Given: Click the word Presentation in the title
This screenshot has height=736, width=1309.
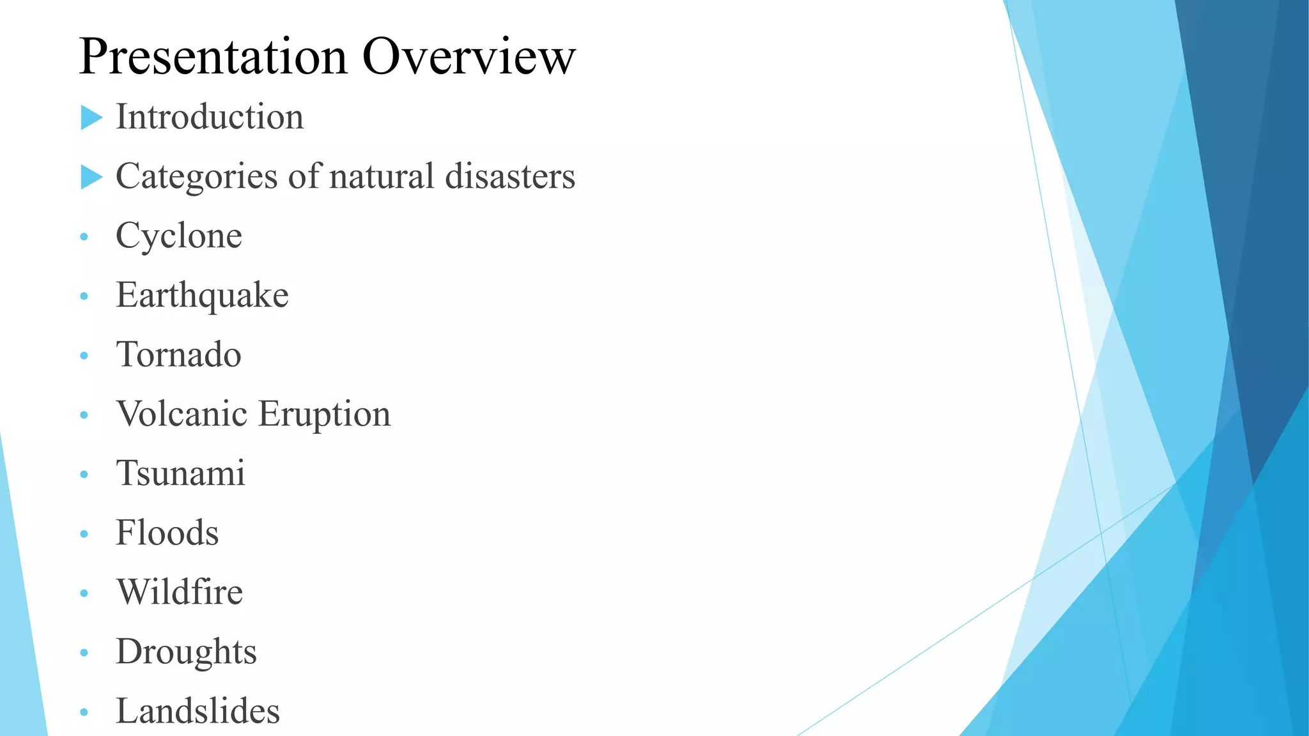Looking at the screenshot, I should pyautogui.click(x=213, y=57).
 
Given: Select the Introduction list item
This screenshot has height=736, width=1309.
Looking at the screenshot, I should pyautogui.click(x=210, y=118).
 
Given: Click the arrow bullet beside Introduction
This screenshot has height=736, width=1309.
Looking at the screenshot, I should pyautogui.click(x=91, y=118).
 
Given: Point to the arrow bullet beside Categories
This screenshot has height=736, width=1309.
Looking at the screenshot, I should pyautogui.click(x=91, y=177).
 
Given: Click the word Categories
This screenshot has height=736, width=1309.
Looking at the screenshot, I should pyautogui.click(x=196, y=177).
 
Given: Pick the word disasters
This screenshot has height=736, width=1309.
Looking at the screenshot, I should pyautogui.click(x=510, y=177).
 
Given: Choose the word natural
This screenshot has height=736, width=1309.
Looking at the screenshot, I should pyautogui.click(x=382, y=177).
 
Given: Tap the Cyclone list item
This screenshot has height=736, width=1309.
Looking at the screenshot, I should pyautogui.click(x=179, y=236).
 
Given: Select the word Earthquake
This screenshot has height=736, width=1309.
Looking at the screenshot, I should pyautogui.click(x=202, y=296).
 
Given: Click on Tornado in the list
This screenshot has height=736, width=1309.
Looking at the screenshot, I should pyautogui.click(x=179, y=355).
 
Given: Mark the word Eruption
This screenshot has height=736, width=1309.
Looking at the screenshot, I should pyautogui.click(x=325, y=415).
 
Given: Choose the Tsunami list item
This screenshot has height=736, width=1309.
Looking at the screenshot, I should pyautogui.click(x=180, y=474).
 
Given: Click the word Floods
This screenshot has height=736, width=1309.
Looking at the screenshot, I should pyautogui.click(x=167, y=533).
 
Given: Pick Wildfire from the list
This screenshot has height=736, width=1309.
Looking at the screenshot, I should pyautogui.click(x=180, y=593).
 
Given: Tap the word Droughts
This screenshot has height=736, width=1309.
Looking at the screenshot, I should pyautogui.click(x=186, y=652).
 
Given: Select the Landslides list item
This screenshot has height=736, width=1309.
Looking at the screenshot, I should pyautogui.click(x=198, y=712).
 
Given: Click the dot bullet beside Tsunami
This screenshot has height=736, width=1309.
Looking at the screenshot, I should pyautogui.click(x=84, y=475).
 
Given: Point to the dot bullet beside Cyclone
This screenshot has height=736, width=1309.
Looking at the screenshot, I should pyautogui.click(x=84, y=237).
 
